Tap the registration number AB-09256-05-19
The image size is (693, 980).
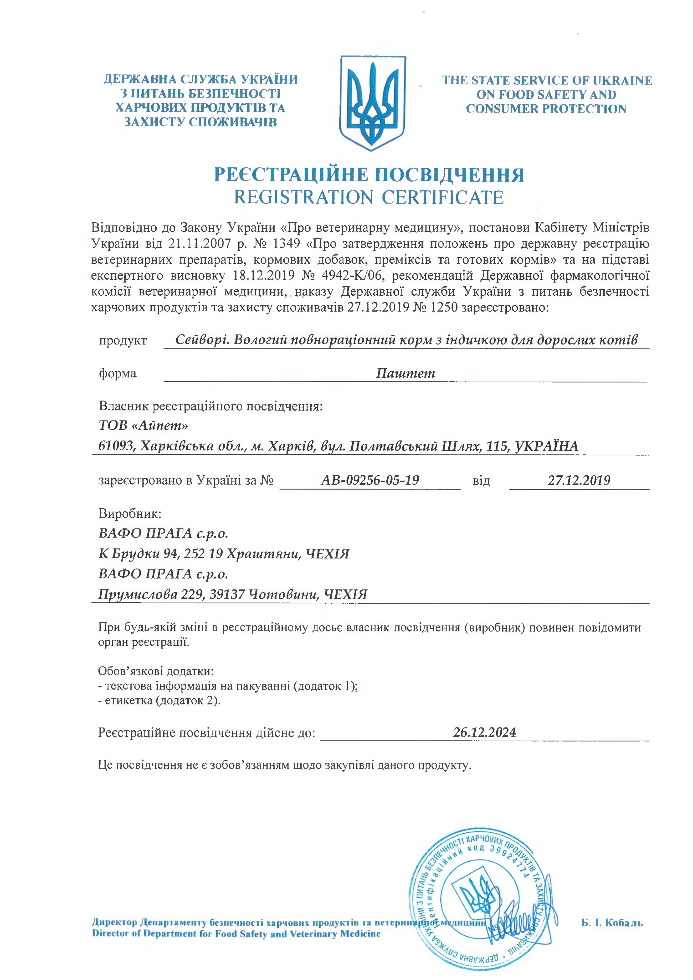[370, 480]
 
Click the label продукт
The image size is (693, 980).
[123, 341]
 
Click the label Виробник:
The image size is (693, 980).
[130, 513]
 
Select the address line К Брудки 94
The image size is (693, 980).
[224, 554]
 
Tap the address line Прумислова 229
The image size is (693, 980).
[233, 594]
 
